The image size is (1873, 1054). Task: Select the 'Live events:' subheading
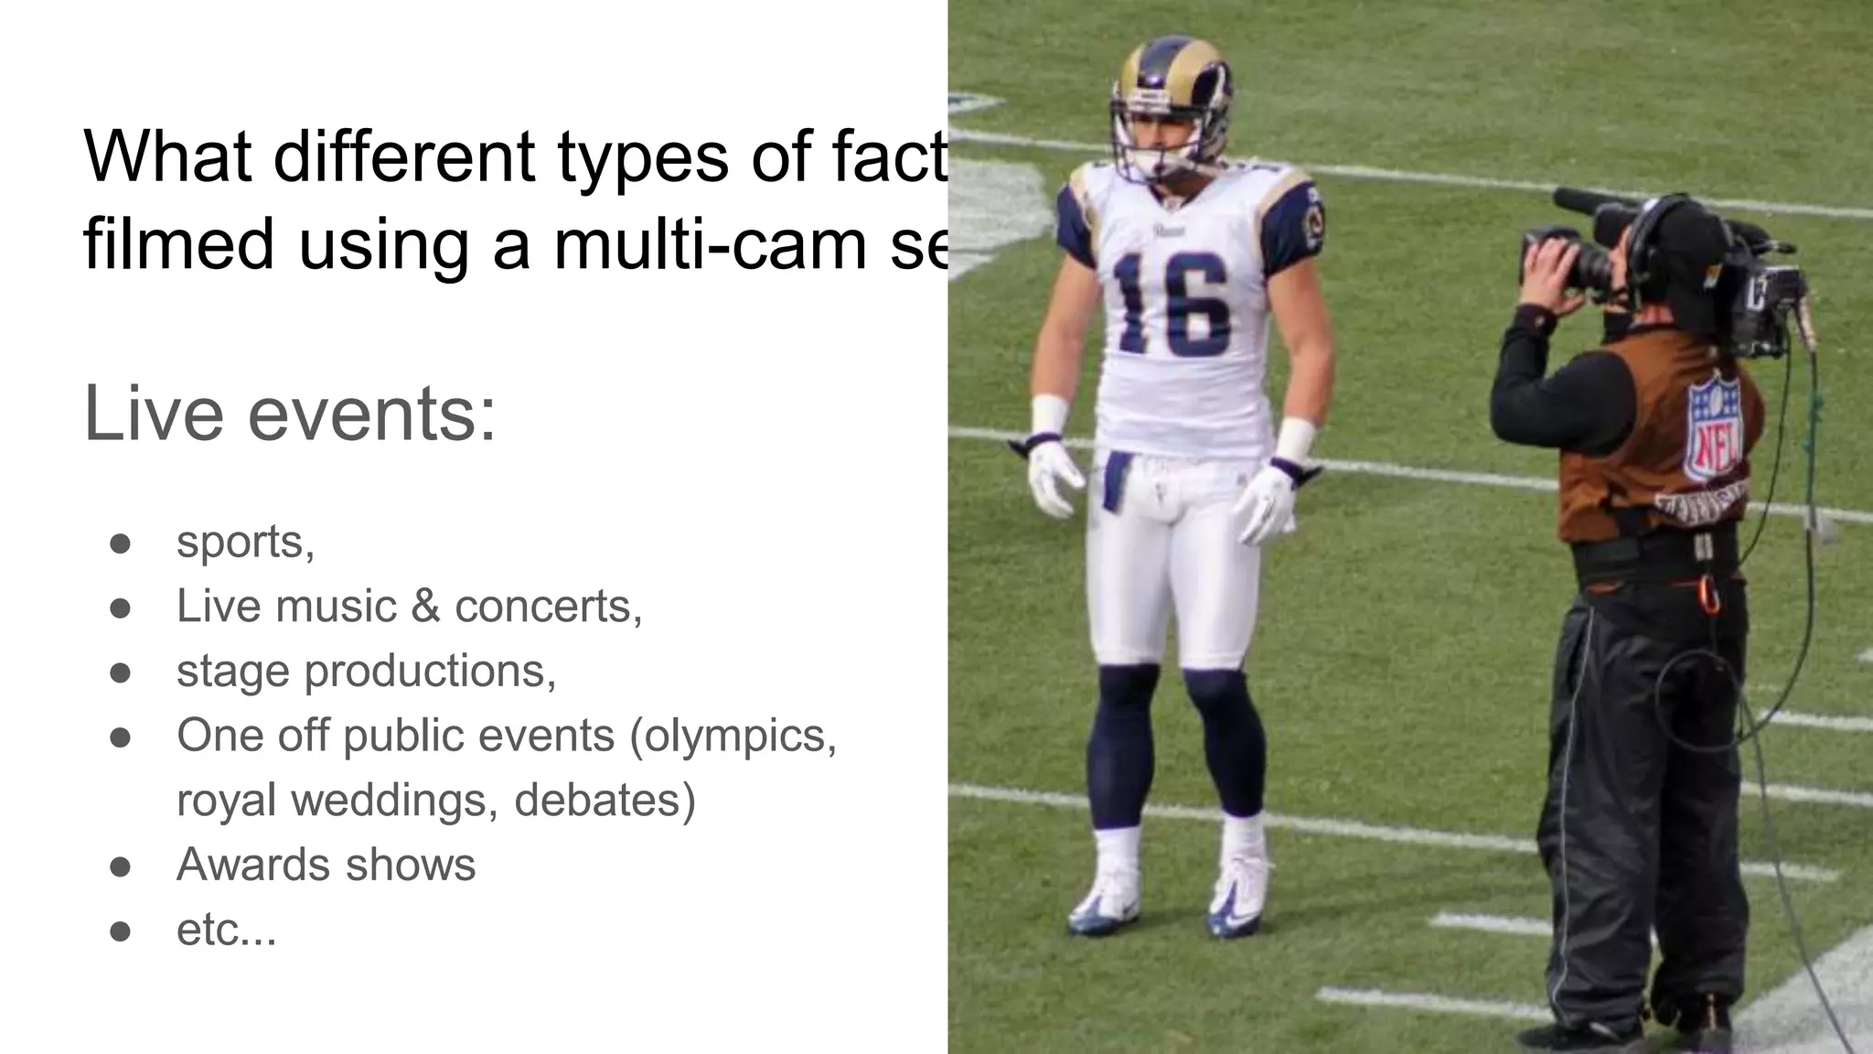click(290, 414)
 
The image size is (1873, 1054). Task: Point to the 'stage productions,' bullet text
click(366, 671)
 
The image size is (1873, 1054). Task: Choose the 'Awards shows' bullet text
click(326, 865)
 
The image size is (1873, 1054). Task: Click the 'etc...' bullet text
click(226, 930)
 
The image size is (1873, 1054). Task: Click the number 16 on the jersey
click(1172, 305)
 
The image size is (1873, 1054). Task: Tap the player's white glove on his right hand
click(1052, 476)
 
